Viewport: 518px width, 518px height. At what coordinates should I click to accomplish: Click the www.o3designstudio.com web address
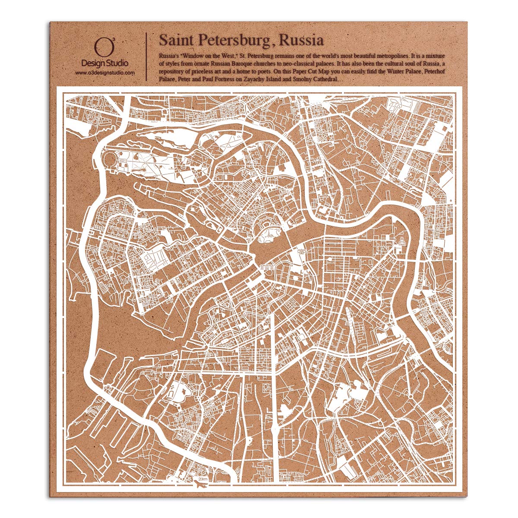pyautogui.click(x=105, y=73)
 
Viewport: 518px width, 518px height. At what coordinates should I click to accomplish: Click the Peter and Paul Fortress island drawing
pyautogui.click(x=267, y=236)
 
